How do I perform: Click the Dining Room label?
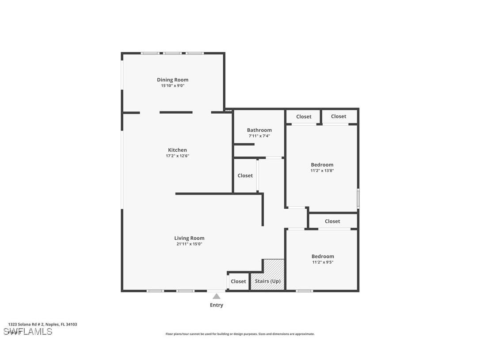tap(172, 80)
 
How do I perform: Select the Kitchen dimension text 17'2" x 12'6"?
tap(177, 156)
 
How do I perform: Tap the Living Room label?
tap(189, 238)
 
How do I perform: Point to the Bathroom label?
tap(259, 130)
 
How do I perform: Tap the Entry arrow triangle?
tap(216, 296)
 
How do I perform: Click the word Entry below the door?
tap(216, 305)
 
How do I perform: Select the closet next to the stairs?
tap(238, 281)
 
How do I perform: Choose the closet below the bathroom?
tap(245, 176)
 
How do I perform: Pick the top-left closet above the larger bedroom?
tap(304, 117)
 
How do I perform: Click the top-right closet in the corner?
tap(339, 116)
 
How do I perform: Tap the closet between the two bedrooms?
tap(332, 221)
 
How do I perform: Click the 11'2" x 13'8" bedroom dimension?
tap(322, 170)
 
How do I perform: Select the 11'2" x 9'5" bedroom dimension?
tap(322, 262)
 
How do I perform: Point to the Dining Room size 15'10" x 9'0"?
tap(172, 86)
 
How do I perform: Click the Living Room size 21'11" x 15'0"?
tap(189, 244)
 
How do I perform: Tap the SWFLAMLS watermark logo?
tap(28, 332)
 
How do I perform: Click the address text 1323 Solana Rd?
tap(42, 324)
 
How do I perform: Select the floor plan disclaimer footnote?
tap(240, 334)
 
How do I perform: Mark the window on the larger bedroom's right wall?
tap(358, 198)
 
